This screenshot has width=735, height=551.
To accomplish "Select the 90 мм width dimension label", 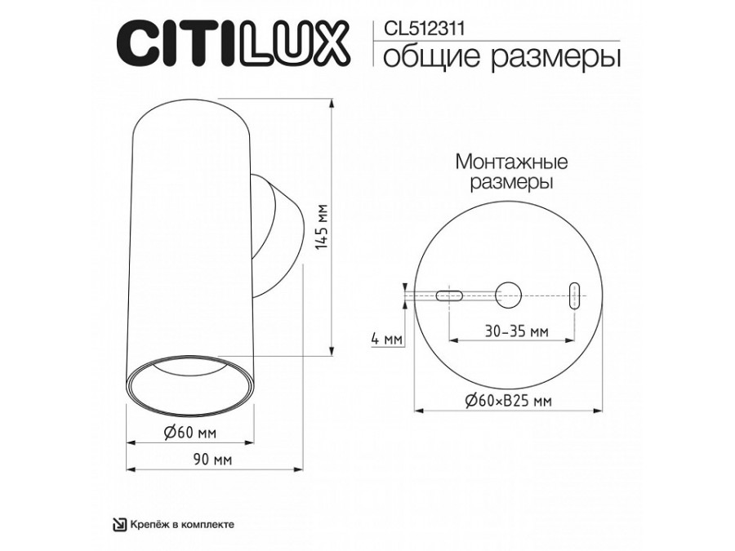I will [x=211, y=460].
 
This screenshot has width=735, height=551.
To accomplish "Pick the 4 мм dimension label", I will [x=386, y=337].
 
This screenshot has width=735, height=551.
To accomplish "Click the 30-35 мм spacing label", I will [x=516, y=332].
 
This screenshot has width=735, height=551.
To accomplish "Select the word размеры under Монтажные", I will [x=511, y=182].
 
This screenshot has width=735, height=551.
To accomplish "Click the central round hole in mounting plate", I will [x=509, y=294].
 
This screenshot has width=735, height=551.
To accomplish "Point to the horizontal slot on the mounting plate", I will [x=450, y=295].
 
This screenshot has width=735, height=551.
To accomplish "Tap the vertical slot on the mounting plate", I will [x=576, y=295].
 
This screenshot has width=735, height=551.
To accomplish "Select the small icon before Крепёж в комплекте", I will [x=118, y=525].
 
